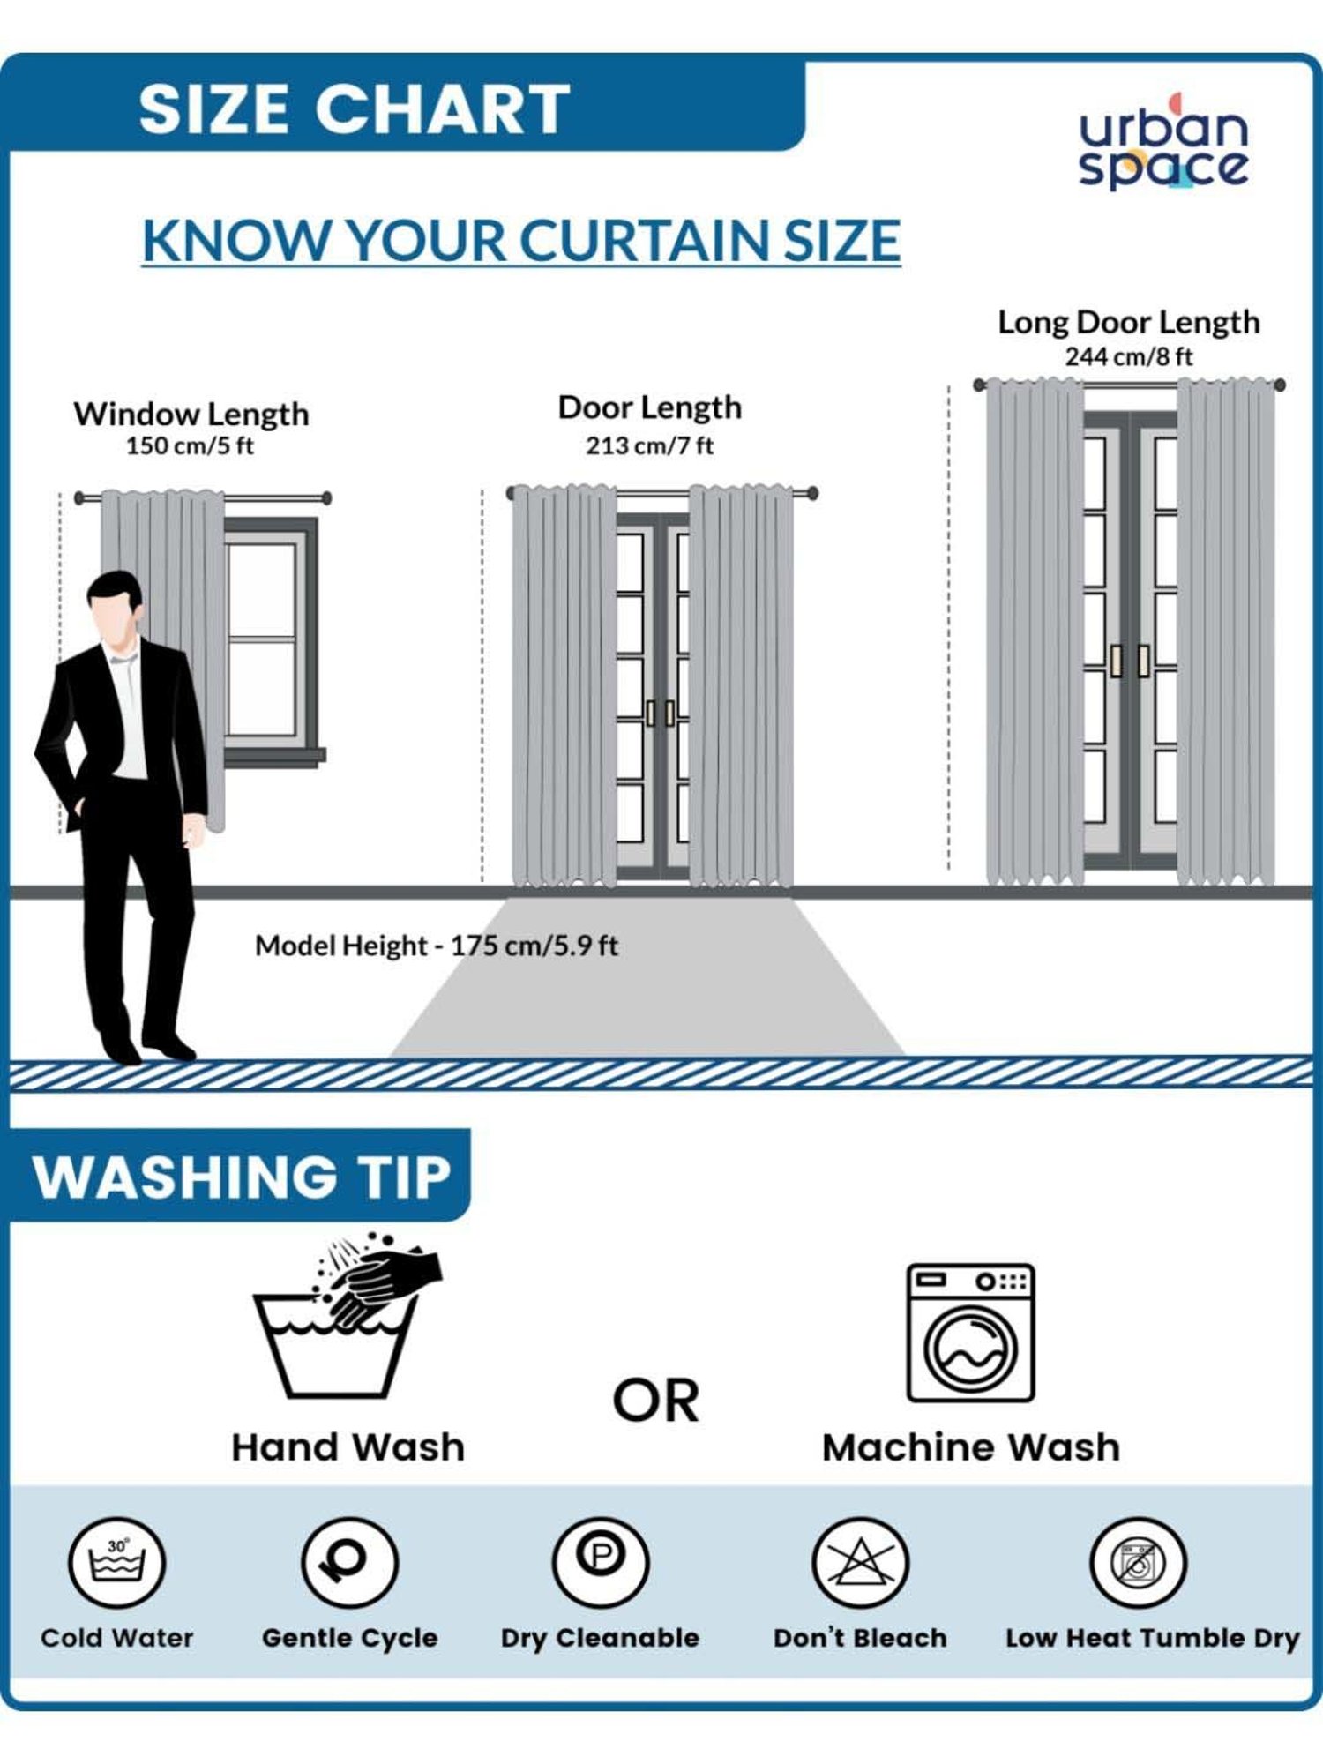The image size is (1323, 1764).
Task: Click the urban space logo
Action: pyautogui.click(x=1163, y=142)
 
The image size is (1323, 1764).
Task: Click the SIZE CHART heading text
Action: pyautogui.click(x=355, y=109)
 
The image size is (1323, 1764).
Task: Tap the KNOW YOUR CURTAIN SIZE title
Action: pyautogui.click(x=521, y=240)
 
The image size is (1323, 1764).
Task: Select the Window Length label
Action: pyautogui.click(x=191, y=414)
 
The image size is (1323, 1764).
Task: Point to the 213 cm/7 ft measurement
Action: pyautogui.click(x=650, y=445)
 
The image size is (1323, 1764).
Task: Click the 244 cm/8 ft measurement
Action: pyautogui.click(x=1128, y=356)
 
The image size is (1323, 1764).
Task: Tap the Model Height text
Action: pyautogui.click(x=437, y=946)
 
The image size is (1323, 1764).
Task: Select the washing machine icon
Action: pyautogui.click(x=970, y=1333)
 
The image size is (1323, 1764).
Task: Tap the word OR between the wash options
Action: pyautogui.click(x=656, y=1401)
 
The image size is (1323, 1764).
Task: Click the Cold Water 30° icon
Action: pyautogui.click(x=116, y=1563)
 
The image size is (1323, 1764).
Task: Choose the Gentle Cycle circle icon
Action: pyautogui.click(x=349, y=1563)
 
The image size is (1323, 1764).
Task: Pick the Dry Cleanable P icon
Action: pyautogui.click(x=601, y=1563)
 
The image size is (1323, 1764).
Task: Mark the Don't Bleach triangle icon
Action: pyautogui.click(x=860, y=1563)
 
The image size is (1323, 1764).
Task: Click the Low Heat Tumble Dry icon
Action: pyautogui.click(x=1138, y=1563)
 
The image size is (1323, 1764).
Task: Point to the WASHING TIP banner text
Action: pyautogui.click(x=243, y=1177)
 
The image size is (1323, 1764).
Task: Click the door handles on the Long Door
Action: pyautogui.click(x=1130, y=661)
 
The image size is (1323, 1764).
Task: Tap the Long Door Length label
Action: pyautogui.click(x=1128, y=322)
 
